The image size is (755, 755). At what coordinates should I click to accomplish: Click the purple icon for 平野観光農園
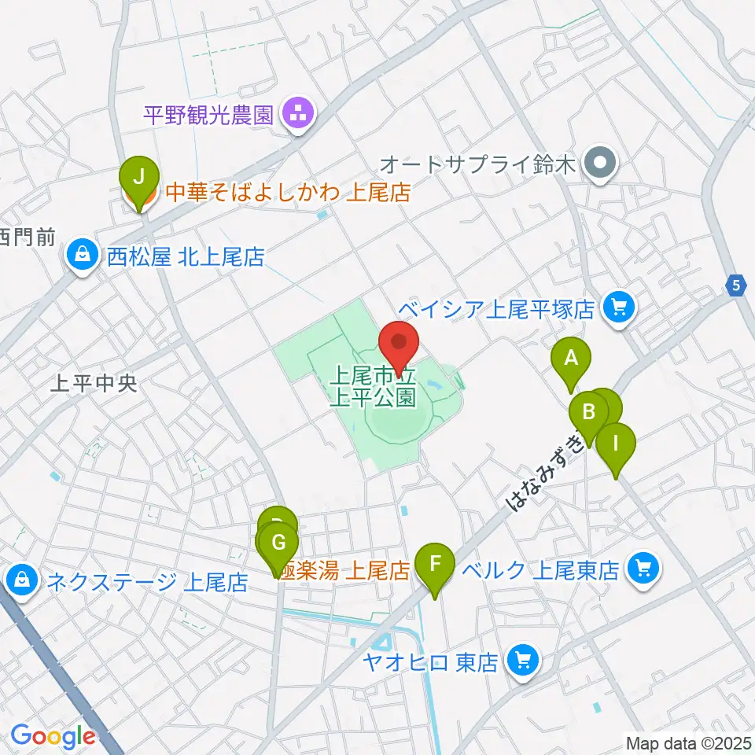pos(298,115)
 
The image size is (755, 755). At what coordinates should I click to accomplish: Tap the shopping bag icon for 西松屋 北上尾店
pos(83,256)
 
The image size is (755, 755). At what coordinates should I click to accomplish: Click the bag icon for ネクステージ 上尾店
pos(21,581)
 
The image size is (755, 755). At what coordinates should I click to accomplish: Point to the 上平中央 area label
pos(93,384)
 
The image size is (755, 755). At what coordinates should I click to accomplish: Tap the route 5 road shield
pos(735,285)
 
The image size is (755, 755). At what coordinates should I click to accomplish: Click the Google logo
pos(52,736)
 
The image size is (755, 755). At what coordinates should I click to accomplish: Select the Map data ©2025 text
pos(687,742)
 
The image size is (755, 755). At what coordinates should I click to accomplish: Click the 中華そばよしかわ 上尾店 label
pos(287,193)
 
